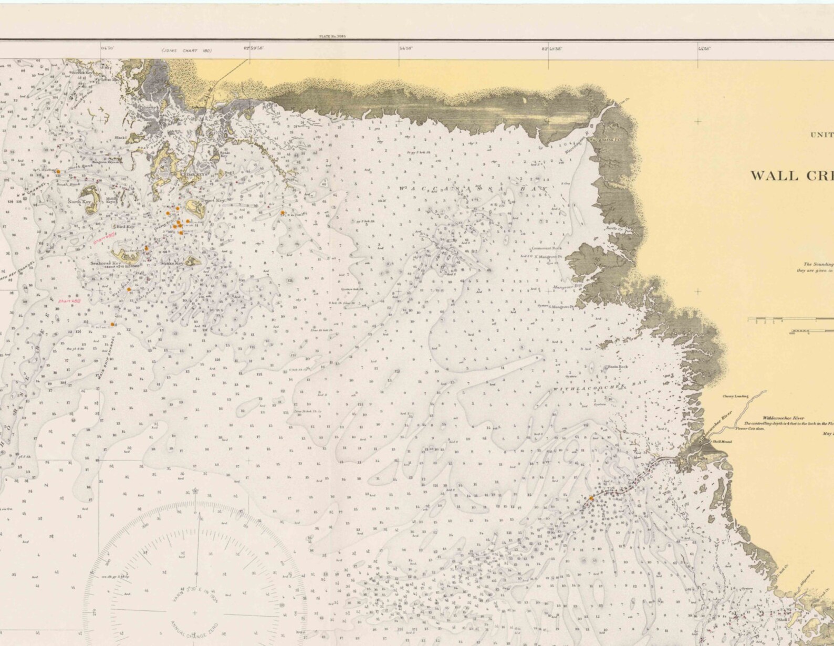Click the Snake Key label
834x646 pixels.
point(173,263)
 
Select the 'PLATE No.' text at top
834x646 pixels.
point(335,37)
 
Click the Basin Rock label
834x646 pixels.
point(618,366)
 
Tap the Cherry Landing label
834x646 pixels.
point(735,397)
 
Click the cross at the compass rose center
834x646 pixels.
point(195,612)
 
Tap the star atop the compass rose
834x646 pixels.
point(195,491)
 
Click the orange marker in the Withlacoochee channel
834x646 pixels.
point(591,498)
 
